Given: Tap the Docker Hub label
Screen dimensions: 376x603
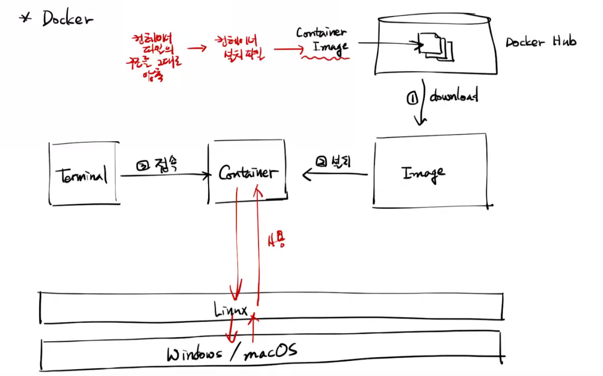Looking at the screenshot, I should click(x=540, y=42).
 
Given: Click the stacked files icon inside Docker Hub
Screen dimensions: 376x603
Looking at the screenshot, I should click(x=436, y=46).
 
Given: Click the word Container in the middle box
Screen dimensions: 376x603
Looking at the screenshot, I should click(x=248, y=173).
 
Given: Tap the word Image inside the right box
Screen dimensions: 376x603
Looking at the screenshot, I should click(x=423, y=173).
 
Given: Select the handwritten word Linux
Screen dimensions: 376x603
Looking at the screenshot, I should click(x=231, y=310).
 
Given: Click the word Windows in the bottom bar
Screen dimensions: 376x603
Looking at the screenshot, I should click(x=194, y=354).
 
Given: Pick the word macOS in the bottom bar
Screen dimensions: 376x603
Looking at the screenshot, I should click(x=270, y=351).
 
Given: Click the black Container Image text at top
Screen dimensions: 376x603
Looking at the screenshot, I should click(x=322, y=39).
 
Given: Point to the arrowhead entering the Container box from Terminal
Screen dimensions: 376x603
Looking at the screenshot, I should click(x=207, y=176).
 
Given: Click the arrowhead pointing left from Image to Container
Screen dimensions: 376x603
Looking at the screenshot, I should click(x=306, y=175).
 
